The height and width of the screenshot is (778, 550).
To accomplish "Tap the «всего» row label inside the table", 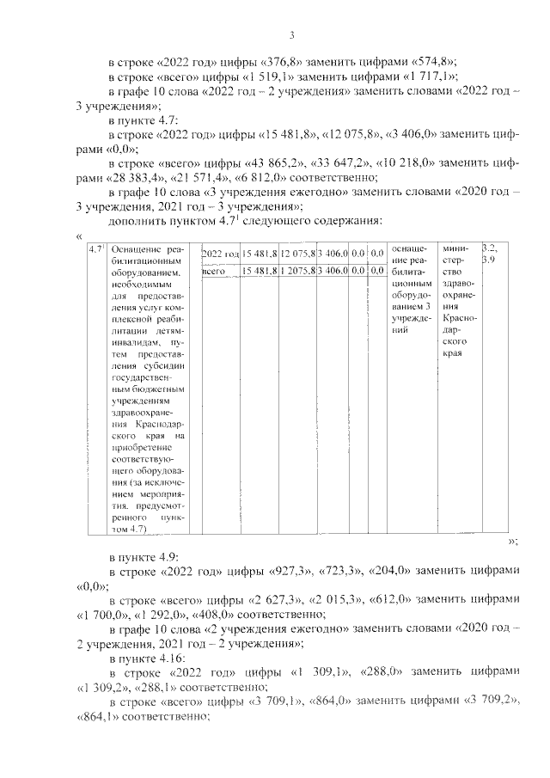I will tap(213, 273).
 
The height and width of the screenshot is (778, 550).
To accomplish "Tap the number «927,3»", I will tap(291, 572).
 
